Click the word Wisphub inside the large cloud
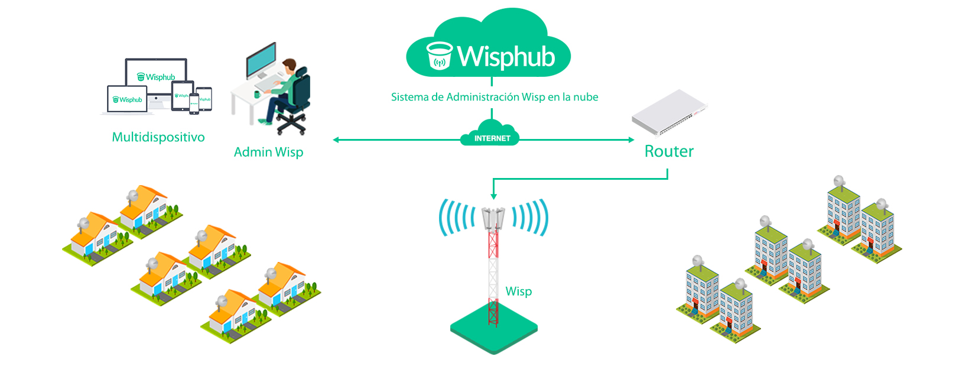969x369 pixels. (x=506, y=57)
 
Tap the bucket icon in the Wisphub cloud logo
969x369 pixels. (x=439, y=56)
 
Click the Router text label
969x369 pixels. (x=669, y=151)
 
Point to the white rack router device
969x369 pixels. (x=669, y=113)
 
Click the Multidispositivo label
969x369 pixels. (x=158, y=137)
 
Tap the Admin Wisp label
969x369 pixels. (x=268, y=152)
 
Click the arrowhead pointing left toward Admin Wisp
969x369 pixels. (x=336, y=140)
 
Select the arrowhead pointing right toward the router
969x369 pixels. (x=631, y=140)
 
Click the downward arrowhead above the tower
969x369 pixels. (x=494, y=196)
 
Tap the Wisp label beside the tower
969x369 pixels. (x=518, y=291)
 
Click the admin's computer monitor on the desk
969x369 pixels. (x=261, y=60)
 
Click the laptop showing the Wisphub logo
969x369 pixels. (x=127, y=100)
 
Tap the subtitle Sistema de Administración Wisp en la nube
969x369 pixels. (x=495, y=97)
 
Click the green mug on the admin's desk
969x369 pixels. (x=257, y=95)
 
